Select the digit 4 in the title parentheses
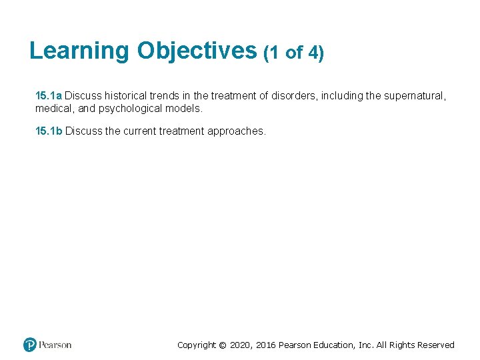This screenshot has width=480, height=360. point(314,53)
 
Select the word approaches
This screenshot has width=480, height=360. point(237,131)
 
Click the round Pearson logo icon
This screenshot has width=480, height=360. point(30,345)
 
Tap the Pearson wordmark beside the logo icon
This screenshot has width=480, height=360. point(55,345)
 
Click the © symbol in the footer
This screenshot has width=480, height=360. point(223,345)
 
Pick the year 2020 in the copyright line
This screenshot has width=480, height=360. point(241,345)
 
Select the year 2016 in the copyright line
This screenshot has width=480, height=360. point(265,345)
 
